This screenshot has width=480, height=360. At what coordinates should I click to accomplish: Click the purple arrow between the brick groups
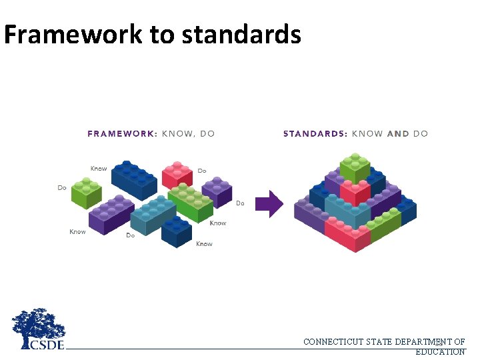269,204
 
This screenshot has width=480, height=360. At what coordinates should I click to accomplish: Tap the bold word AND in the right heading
398,133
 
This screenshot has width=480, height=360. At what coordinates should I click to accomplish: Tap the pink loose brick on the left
177,175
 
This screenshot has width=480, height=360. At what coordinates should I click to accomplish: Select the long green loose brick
191,203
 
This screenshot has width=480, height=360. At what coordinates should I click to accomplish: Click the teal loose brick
152,215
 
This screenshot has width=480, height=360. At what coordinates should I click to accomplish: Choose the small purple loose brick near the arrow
217,191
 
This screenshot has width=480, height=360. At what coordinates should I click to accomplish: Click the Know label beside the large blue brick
99,169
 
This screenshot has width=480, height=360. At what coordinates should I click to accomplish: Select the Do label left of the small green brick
62,188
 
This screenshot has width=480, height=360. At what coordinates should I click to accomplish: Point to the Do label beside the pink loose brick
201,171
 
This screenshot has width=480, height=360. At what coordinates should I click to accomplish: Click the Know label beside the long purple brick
77,232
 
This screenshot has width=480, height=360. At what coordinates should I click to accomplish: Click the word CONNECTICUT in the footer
333,342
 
